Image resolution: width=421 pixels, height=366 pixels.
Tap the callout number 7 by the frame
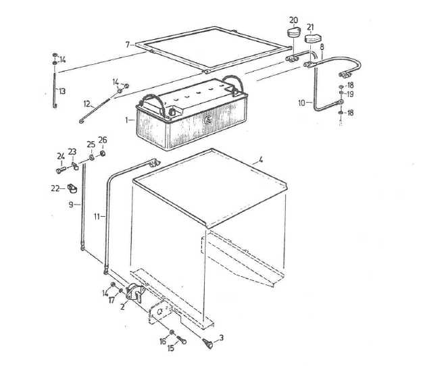click(126, 45)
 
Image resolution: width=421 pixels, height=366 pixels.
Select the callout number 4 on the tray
click(259, 161)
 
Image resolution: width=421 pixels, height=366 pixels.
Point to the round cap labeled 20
click(292, 34)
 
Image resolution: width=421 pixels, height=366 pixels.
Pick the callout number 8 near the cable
click(322, 47)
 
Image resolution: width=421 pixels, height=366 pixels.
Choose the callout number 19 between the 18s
click(350, 95)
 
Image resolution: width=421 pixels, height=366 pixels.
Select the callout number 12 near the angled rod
click(87, 104)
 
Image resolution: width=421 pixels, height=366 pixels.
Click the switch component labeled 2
click(137, 295)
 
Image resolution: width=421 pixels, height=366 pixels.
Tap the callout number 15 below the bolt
click(171, 348)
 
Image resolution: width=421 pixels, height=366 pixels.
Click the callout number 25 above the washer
click(91, 145)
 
